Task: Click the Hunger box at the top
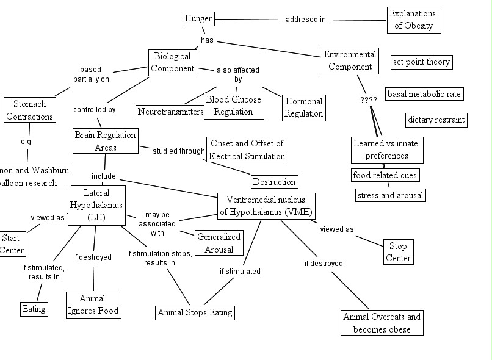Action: point(198,19)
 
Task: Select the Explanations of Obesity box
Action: point(414,20)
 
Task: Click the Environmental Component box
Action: point(350,61)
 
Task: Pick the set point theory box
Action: point(421,62)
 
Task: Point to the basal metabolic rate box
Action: point(424,94)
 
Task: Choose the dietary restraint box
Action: point(436,120)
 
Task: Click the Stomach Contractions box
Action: point(29,110)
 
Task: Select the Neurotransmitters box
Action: point(170,112)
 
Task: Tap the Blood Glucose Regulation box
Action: point(233,105)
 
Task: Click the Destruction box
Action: point(274,181)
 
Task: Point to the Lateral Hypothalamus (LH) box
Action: point(96,206)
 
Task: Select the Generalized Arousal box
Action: point(219,242)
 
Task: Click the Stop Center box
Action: point(398,252)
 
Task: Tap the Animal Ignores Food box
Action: point(93,304)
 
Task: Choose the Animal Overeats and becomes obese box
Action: point(382,323)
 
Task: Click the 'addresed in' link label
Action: point(305,20)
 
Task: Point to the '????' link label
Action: point(369,99)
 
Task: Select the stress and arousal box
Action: point(390,195)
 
